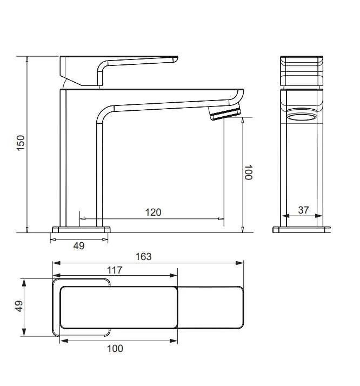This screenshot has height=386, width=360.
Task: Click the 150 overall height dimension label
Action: (21, 143)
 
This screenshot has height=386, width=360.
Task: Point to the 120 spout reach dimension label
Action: (153, 212)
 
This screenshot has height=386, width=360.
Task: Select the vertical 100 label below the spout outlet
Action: (248, 172)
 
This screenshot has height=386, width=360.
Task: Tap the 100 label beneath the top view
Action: (115, 349)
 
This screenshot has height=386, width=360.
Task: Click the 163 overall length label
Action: (144, 256)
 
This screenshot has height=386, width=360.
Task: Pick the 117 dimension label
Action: (115, 270)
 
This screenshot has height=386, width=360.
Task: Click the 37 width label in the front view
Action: (303, 210)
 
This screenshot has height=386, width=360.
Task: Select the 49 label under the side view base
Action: (79, 245)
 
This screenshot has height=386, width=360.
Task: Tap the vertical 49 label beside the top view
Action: (19, 306)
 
